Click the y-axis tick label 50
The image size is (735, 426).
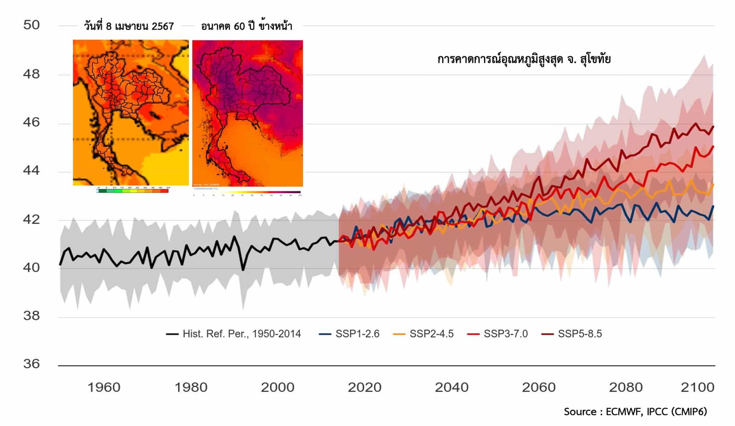(31, 25)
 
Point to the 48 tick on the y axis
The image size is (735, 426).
(31, 74)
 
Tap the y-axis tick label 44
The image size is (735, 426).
(31, 171)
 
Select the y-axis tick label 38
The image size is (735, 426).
(31, 316)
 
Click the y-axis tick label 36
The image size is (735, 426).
(31, 364)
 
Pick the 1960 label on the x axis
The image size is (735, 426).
(104, 388)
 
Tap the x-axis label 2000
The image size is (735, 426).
(277, 388)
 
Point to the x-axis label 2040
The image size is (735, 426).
(451, 388)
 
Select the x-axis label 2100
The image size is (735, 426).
(697, 388)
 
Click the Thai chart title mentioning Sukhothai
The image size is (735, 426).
(524, 59)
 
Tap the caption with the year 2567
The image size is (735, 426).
(129, 26)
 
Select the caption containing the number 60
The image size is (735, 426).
(247, 26)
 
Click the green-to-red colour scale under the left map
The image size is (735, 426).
(132, 191)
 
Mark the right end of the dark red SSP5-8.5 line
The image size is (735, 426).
(713, 126)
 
